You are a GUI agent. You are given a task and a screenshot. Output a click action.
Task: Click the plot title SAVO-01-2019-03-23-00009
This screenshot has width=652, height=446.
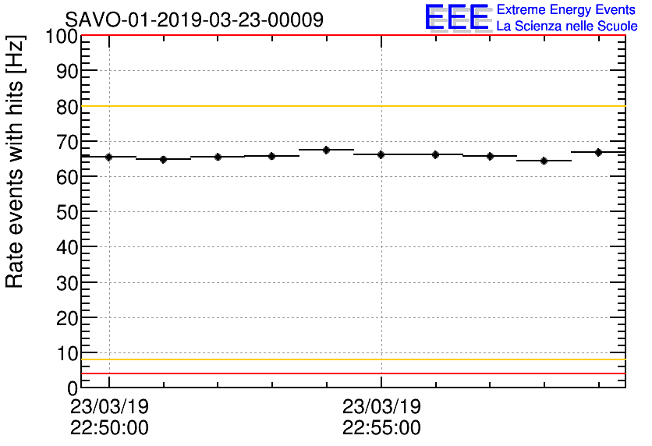pos(194,19)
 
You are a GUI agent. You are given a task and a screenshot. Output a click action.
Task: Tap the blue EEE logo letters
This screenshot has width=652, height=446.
pos(457,18)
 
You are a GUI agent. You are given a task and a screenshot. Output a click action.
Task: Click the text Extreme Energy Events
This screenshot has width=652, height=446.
pos(567,9)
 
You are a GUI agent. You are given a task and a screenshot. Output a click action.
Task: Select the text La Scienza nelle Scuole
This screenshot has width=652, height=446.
pos(567,26)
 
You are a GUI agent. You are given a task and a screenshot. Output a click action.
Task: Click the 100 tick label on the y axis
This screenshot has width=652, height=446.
pos(62,36)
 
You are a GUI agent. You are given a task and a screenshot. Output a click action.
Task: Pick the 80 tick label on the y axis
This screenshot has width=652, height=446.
pos(67,107)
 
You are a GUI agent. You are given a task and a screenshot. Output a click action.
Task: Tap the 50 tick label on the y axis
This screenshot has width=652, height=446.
pos(67,212)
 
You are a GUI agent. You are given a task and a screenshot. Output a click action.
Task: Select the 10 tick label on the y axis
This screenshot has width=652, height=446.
pos(67,353)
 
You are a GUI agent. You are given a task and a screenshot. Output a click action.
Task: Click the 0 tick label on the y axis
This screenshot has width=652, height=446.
pos(73,388)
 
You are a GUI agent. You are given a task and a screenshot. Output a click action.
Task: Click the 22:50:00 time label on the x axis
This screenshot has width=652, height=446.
pos(109,428)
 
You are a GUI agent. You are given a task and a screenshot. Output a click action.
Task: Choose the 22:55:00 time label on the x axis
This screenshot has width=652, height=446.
pos(381,428)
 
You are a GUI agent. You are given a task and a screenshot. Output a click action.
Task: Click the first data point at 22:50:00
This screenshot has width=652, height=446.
pos(109,157)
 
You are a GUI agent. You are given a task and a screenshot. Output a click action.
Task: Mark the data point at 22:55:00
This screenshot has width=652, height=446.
pos(381,154)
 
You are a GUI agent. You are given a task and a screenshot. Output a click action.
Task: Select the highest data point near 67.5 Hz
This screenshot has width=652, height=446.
pos(327,150)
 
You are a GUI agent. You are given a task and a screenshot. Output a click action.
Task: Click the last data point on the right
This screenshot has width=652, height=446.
pos(598,152)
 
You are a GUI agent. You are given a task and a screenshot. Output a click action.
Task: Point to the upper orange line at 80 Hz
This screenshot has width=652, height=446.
pos(351,106)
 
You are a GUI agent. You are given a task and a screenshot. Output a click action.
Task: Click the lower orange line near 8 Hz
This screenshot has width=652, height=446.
pos(351,359)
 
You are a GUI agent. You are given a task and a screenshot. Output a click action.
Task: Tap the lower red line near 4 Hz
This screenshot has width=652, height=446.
pos(351,373)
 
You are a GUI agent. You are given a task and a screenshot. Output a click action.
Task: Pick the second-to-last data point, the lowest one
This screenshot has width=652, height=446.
pos(544,161)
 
